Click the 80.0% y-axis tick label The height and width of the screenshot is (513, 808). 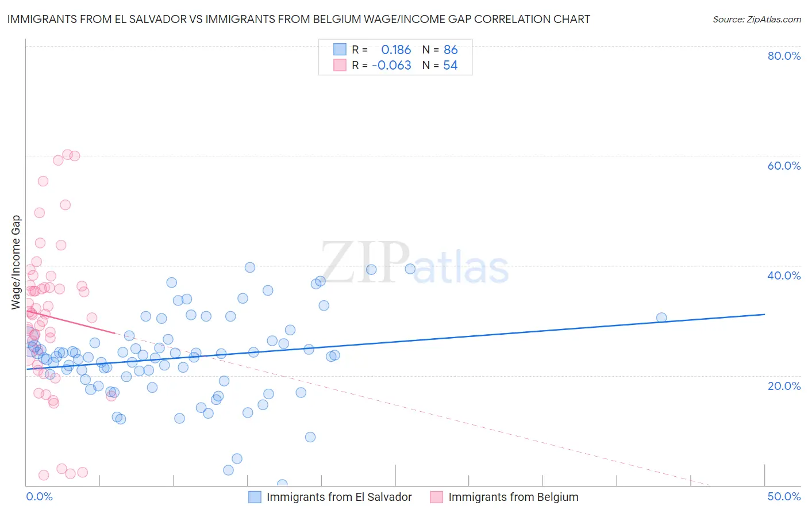(784, 56)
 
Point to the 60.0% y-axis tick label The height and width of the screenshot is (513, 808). (784, 166)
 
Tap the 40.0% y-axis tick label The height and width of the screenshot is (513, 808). (784, 275)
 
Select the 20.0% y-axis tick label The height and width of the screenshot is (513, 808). (784, 386)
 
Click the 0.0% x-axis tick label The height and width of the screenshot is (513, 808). (39, 496)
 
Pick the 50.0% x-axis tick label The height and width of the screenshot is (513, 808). (784, 496)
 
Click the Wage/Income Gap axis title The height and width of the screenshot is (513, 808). (16, 262)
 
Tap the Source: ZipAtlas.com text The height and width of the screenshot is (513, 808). (756, 20)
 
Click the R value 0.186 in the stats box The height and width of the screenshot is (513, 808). (396, 50)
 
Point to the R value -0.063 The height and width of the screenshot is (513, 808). (392, 66)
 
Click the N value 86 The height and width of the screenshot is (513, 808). (451, 50)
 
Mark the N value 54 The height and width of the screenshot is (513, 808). (451, 66)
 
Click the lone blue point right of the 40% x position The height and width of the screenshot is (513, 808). (661, 317)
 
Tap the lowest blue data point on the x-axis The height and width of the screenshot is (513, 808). (282, 485)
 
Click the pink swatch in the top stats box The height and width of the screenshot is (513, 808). (340, 65)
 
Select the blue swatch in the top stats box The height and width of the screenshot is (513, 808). (340, 49)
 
